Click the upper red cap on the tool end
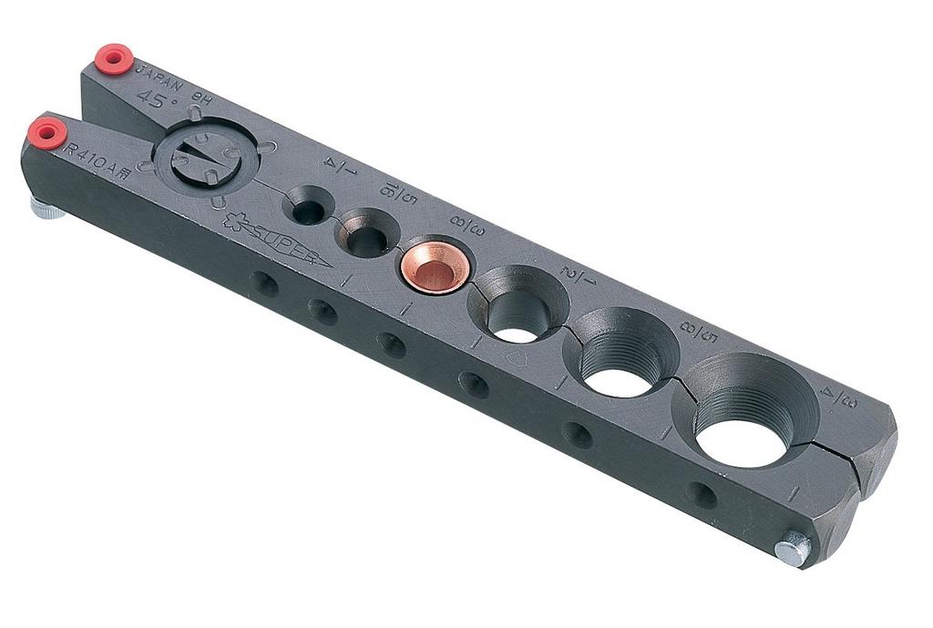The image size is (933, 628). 114,57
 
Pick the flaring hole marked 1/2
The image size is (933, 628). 518,310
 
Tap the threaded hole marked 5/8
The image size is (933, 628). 621,358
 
